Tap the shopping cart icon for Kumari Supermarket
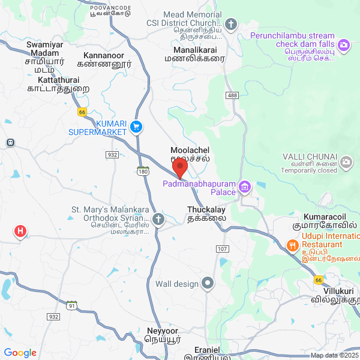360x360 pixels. [x=136, y=127]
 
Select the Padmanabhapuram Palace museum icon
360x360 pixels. [x=244, y=188]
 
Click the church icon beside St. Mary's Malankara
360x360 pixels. [x=158, y=219]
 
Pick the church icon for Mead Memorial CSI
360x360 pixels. [x=232, y=25]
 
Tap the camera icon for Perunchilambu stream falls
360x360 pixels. [x=344, y=44]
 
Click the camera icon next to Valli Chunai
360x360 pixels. [x=346, y=162]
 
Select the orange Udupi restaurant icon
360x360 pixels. [x=292, y=245]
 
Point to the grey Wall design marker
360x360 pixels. [x=208, y=283]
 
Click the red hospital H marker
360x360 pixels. [x=20, y=231]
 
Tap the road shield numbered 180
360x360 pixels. [x=142, y=172]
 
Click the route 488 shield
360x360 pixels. [x=232, y=95]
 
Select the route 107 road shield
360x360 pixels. [x=222, y=248]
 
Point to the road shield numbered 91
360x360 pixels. [x=72, y=305]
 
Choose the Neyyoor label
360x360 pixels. [x=162, y=331]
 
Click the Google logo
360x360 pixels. [x=20, y=353]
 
